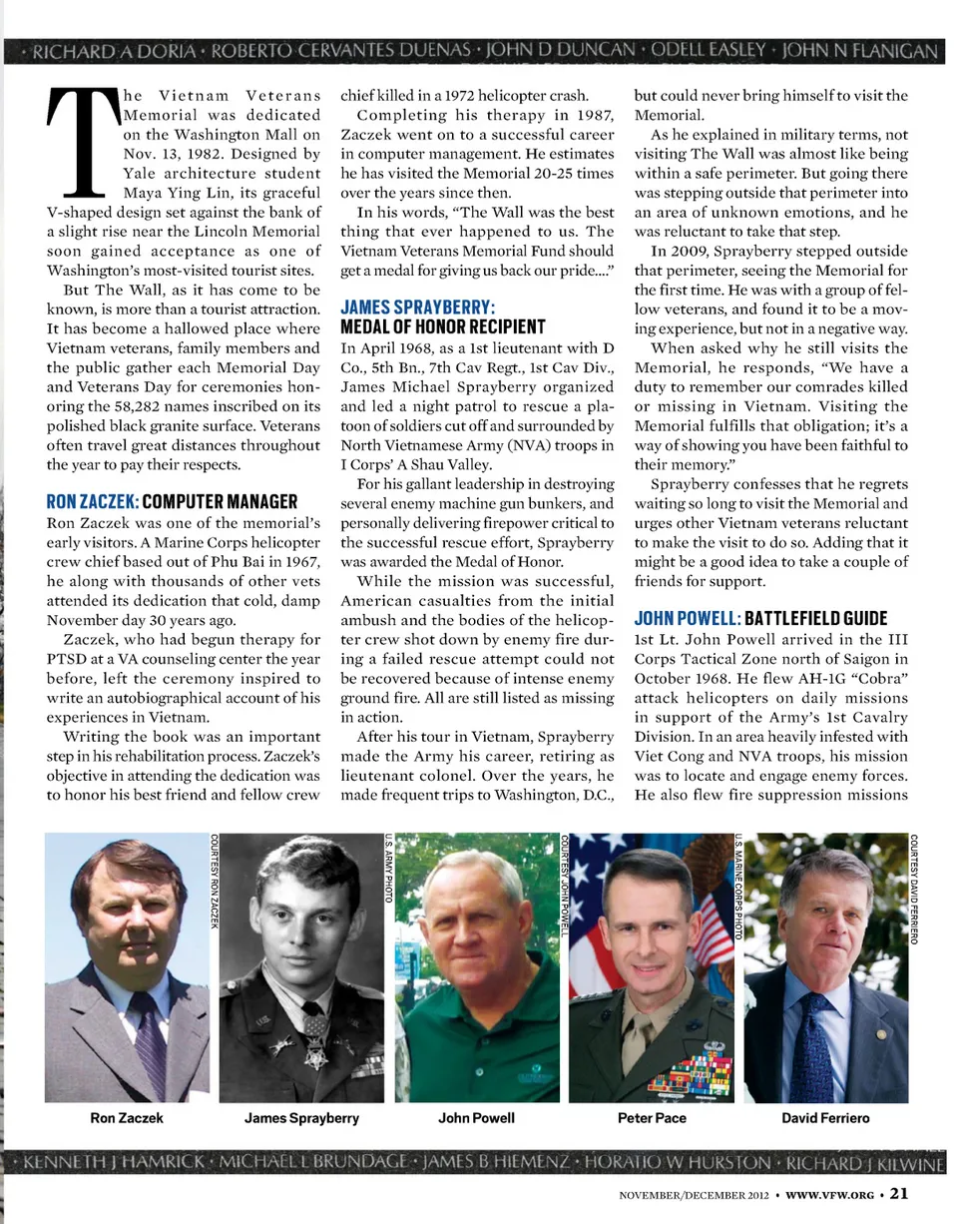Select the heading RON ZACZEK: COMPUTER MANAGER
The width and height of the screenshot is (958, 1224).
(x=172, y=501)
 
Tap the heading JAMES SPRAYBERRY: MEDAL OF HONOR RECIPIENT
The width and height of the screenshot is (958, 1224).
(x=443, y=316)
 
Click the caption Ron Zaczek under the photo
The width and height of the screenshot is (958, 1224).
(x=127, y=1118)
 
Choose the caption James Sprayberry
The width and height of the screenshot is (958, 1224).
(x=301, y=1118)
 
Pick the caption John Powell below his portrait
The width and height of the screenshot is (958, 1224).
(x=476, y=1118)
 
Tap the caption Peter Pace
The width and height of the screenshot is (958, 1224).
(x=652, y=1118)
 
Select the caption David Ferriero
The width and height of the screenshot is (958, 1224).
(x=825, y=1118)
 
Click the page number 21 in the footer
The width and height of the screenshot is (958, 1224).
(x=898, y=1192)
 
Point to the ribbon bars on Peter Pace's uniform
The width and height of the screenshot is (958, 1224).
(x=689, y=1073)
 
